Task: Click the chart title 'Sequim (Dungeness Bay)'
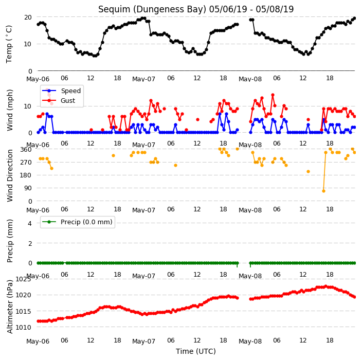[x=152, y=9]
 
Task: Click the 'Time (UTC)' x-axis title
[x=196, y=351]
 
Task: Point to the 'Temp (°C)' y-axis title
[x=9, y=44]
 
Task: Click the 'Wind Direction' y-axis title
[x=10, y=176]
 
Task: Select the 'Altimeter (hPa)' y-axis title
[x=10, y=307]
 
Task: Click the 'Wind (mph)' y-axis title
[x=10, y=110]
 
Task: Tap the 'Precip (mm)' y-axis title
[x=10, y=241]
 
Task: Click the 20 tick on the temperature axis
[x=28, y=17]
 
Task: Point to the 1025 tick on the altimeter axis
[x=23, y=279]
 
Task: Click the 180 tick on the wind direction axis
[x=26, y=175]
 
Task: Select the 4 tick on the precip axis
[x=30, y=223]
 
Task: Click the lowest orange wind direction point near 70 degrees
[x=323, y=191]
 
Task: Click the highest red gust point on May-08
[x=273, y=95]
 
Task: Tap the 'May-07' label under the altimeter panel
[x=143, y=341]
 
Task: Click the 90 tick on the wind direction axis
[x=28, y=188]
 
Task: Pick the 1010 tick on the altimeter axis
[x=23, y=327]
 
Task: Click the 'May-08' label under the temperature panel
[x=250, y=79]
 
